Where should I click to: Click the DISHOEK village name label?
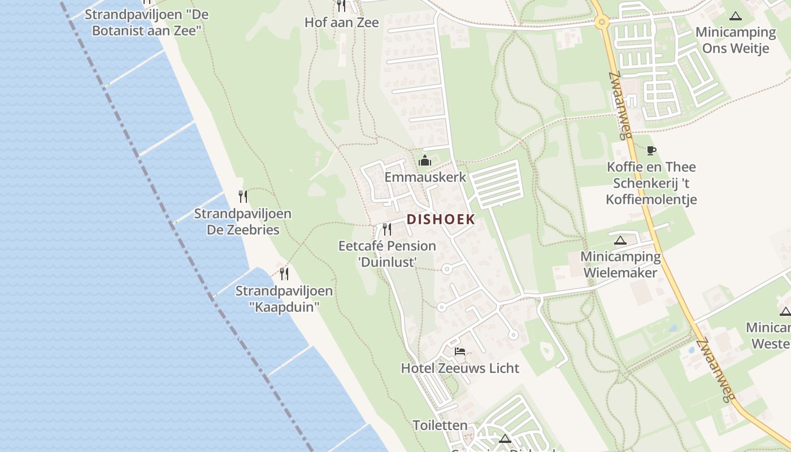[x=441, y=219]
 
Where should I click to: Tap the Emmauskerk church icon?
[x=425, y=161]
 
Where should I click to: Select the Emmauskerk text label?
[x=425, y=177]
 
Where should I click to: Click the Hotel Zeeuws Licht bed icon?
[x=460, y=351]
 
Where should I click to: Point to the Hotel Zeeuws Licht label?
[x=460, y=368]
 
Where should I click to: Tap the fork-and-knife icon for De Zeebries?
[x=243, y=197]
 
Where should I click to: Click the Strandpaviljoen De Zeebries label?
[x=243, y=221]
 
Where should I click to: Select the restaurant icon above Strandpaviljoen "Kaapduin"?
[x=284, y=274]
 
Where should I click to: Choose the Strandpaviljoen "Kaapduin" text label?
[x=284, y=299]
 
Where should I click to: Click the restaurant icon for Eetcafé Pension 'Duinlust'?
[x=387, y=229]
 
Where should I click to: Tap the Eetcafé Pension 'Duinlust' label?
[x=387, y=254]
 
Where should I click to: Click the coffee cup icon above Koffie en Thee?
[x=651, y=150]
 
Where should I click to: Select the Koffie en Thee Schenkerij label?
[x=651, y=183]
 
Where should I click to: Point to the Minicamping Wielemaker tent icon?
[x=620, y=240]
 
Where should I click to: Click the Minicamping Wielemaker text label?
[x=620, y=264]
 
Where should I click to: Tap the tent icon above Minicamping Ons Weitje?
[x=735, y=16]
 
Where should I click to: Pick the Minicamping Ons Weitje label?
[x=735, y=40]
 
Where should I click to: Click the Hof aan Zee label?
[x=341, y=22]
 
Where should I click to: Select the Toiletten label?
[x=440, y=425]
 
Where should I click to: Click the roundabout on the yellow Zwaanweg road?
[x=601, y=23]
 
